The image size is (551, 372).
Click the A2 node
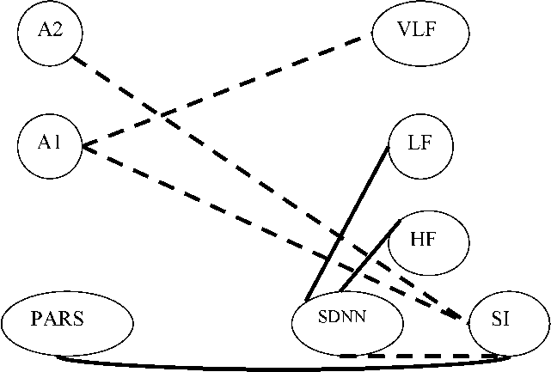(x=48, y=31)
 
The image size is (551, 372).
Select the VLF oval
(x=420, y=33)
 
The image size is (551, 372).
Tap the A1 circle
(x=49, y=144)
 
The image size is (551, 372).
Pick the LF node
(x=421, y=144)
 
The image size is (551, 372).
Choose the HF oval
(x=428, y=241)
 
